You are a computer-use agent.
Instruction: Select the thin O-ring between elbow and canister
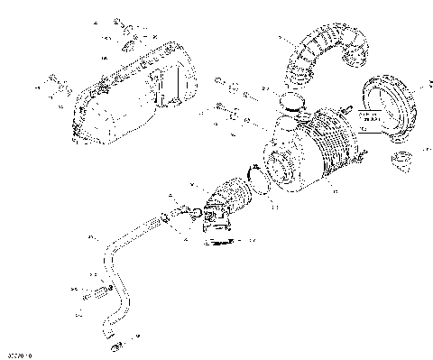click(257, 189)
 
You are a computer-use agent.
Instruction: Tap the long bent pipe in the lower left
click(113, 271)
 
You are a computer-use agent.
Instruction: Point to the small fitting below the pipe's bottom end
click(113, 345)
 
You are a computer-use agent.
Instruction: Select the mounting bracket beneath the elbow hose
click(216, 233)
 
